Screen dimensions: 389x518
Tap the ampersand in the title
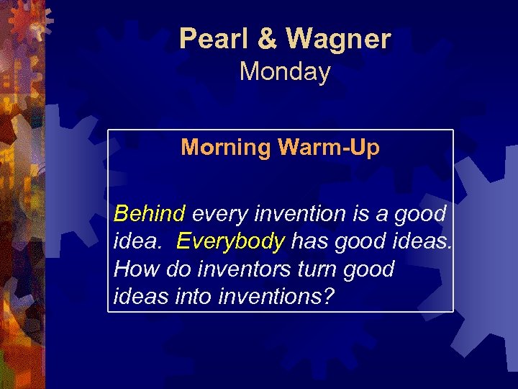pyautogui.click(x=268, y=39)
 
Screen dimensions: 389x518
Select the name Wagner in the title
pyautogui.click(x=339, y=39)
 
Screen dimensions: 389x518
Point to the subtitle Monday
pyautogui.click(x=285, y=72)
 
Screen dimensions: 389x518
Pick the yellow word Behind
pyautogui.click(x=150, y=214)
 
